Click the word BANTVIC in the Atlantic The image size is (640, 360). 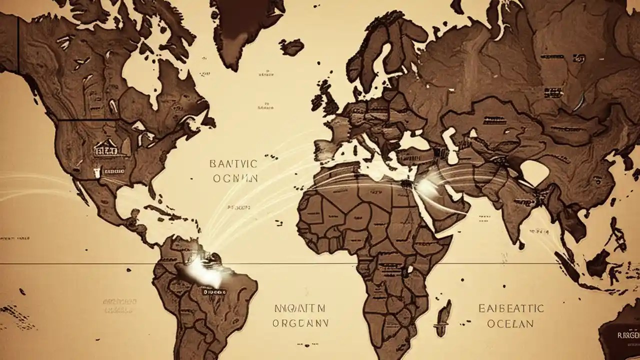pos(233,163)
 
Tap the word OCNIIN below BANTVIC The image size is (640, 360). pos(235,177)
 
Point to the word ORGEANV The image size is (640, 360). pos(300,323)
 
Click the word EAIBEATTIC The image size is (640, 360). pos(511,308)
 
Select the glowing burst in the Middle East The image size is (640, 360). pos(426,187)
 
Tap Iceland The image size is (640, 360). pos(291,47)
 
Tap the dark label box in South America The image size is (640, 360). pos(212,290)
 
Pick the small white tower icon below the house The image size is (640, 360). pos(95,173)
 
